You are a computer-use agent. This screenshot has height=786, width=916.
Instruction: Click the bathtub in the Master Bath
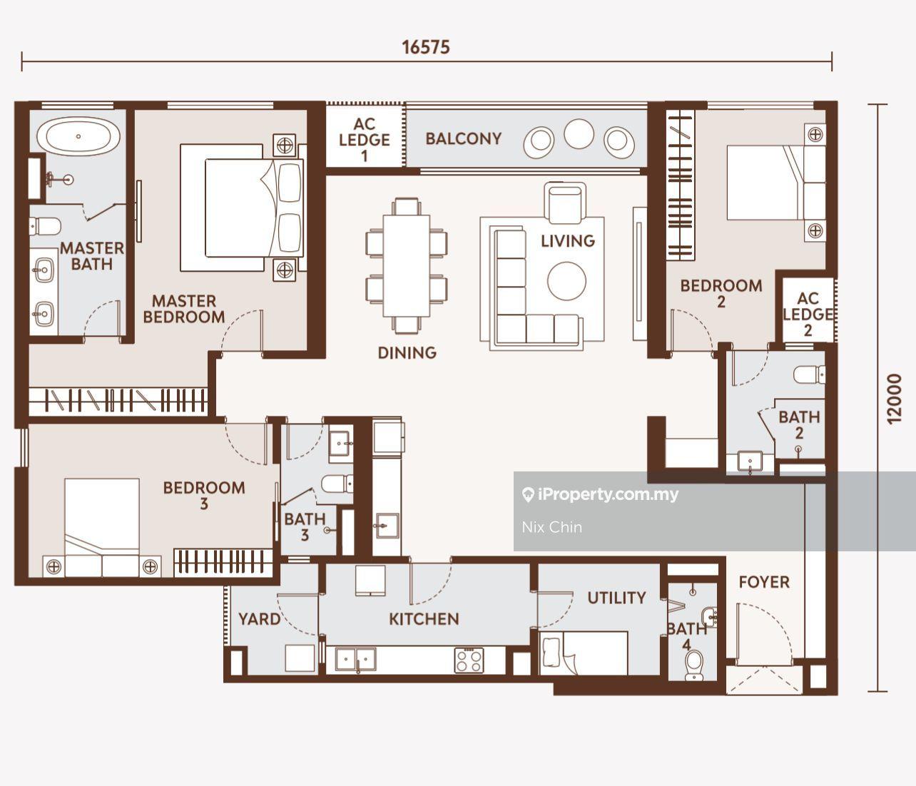tap(78, 136)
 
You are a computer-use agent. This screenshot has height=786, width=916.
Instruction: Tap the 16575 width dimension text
tap(426, 47)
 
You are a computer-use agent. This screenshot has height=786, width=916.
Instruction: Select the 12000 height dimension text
tap(895, 399)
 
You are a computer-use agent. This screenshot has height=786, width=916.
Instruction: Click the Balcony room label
tap(464, 138)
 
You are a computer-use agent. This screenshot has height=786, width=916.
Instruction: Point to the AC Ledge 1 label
tap(365, 140)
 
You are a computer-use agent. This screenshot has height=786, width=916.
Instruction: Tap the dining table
tap(407, 265)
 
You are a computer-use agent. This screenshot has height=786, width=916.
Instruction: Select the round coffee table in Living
tap(567, 280)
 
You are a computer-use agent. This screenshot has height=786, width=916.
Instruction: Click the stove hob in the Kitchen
tap(469, 661)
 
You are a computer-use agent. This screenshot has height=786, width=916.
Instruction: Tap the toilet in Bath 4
tap(693, 665)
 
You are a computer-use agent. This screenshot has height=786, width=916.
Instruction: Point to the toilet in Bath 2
tap(809, 375)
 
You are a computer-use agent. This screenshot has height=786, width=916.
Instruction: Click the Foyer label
tap(765, 582)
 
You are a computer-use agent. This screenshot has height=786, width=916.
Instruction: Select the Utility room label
tap(617, 598)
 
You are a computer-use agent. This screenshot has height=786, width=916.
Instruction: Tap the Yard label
tap(259, 619)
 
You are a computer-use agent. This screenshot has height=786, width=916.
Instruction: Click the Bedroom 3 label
tap(204, 496)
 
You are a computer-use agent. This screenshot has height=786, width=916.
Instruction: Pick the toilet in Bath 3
tap(337, 484)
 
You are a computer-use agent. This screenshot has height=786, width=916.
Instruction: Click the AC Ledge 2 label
tap(808, 314)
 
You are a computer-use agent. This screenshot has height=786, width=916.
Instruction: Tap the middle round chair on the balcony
tap(579, 134)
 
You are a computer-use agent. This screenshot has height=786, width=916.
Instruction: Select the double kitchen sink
tap(356, 659)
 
